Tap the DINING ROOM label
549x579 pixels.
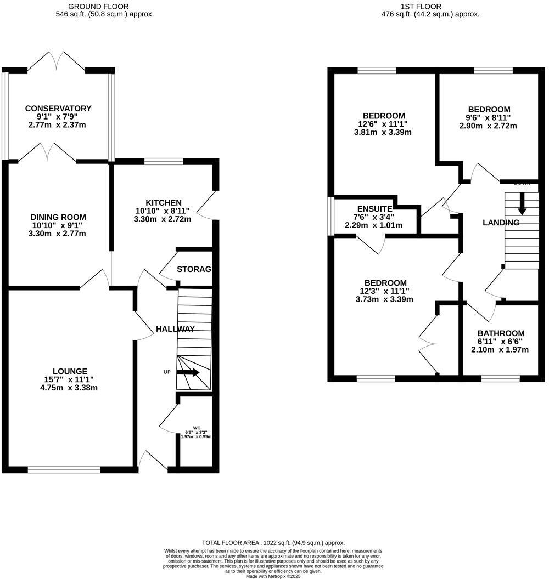click(58, 217)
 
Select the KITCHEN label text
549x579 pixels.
click(164, 203)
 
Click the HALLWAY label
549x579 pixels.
click(175, 329)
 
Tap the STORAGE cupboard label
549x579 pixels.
click(194, 269)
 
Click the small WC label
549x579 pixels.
click(197, 428)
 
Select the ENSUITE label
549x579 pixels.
click(374, 209)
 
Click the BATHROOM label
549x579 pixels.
click(500, 333)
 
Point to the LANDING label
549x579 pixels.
click(501, 223)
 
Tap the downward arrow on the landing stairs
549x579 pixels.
click(522, 203)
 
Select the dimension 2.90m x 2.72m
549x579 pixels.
click(489, 126)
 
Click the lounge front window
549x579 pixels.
click(64, 469)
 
